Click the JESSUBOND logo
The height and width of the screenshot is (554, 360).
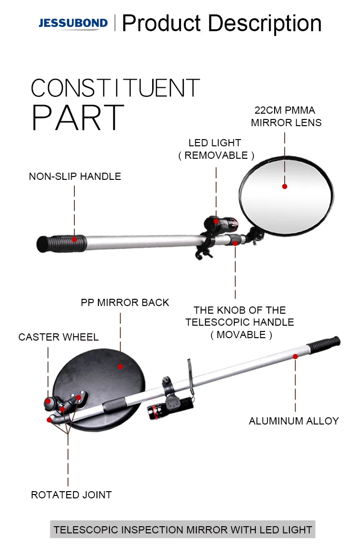coord(73,23)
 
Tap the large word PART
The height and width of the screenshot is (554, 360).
coord(78,118)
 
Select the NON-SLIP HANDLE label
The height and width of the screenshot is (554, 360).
coord(75,177)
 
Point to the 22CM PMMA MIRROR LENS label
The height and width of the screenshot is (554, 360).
coord(286,117)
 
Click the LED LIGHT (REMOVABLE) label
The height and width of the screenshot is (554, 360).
coord(216,149)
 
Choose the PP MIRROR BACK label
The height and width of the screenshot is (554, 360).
coord(125,303)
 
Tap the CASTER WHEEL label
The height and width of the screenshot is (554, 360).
coord(59,337)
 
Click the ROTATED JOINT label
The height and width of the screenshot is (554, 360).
coord(71,495)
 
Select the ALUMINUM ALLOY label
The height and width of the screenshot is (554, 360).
coord(294,421)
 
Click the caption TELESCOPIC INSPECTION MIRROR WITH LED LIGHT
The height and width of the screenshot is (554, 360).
coord(183,530)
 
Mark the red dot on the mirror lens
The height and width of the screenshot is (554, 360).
coord(285,187)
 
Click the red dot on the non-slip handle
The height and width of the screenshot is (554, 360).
coord(75,238)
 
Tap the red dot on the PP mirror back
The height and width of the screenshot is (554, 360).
coord(120,367)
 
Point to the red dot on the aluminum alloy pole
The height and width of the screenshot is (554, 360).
coord(295,356)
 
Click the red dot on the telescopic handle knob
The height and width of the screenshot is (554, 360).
coord(235,243)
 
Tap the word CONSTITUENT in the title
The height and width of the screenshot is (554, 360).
coord(115,88)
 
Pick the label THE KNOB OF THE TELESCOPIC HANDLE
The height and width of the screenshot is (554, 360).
coord(240,322)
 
